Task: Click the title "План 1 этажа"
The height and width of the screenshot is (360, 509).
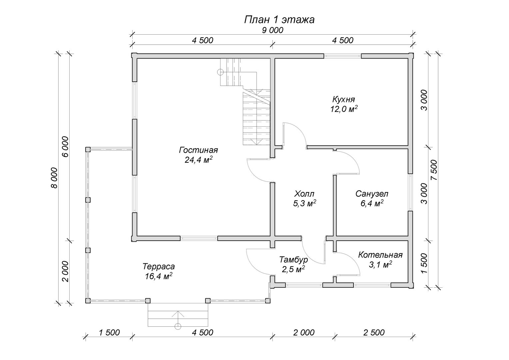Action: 279,20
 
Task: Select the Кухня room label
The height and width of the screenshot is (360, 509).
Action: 343,99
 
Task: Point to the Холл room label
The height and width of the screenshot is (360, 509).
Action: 304,194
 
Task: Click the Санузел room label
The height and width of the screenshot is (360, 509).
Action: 372,194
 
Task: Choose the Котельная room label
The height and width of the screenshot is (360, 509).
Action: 380,255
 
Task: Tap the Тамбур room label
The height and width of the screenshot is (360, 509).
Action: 293,259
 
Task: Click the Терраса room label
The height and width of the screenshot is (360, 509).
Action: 159,267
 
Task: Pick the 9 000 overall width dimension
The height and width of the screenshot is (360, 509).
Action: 272,30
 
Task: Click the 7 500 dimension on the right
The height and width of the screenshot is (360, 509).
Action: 433,170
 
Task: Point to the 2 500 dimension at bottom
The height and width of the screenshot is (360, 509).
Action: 374,332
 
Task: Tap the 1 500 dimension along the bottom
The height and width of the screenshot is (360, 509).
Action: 109,332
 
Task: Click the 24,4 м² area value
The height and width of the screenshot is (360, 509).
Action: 199,160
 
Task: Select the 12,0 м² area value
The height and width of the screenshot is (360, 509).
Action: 344,109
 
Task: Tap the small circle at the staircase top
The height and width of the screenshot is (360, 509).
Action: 220,71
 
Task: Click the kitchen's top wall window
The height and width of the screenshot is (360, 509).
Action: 342,56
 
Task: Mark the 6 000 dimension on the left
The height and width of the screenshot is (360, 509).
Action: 65,147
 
